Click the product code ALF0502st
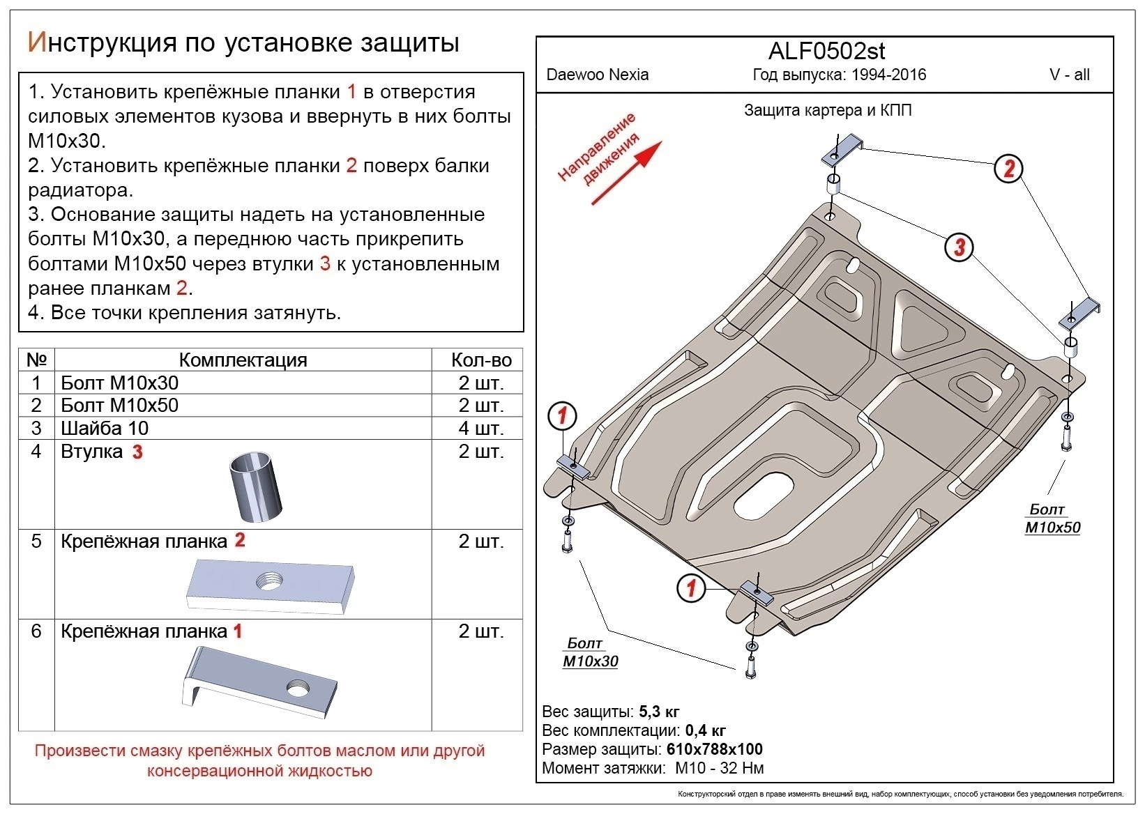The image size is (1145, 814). tap(826, 52)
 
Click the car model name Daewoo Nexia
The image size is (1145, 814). tap(597, 75)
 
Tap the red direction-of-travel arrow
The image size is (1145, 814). tap(626, 173)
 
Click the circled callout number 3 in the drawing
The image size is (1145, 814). tap(960, 247)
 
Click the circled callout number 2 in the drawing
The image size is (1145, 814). tap(1008, 168)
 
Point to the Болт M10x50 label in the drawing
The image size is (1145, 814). tap(1052, 519)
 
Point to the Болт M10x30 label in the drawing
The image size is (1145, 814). tap(589, 652)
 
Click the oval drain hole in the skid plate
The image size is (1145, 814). tap(764, 496)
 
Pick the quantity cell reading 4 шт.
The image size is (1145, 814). tap(480, 428)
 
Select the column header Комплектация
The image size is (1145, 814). tap(243, 360)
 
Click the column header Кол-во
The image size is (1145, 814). tap(480, 360)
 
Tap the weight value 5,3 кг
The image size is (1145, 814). tap(658, 712)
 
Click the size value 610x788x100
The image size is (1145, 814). tap(714, 749)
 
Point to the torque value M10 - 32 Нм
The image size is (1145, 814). tap(719, 768)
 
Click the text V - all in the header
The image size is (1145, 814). tap(1069, 75)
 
